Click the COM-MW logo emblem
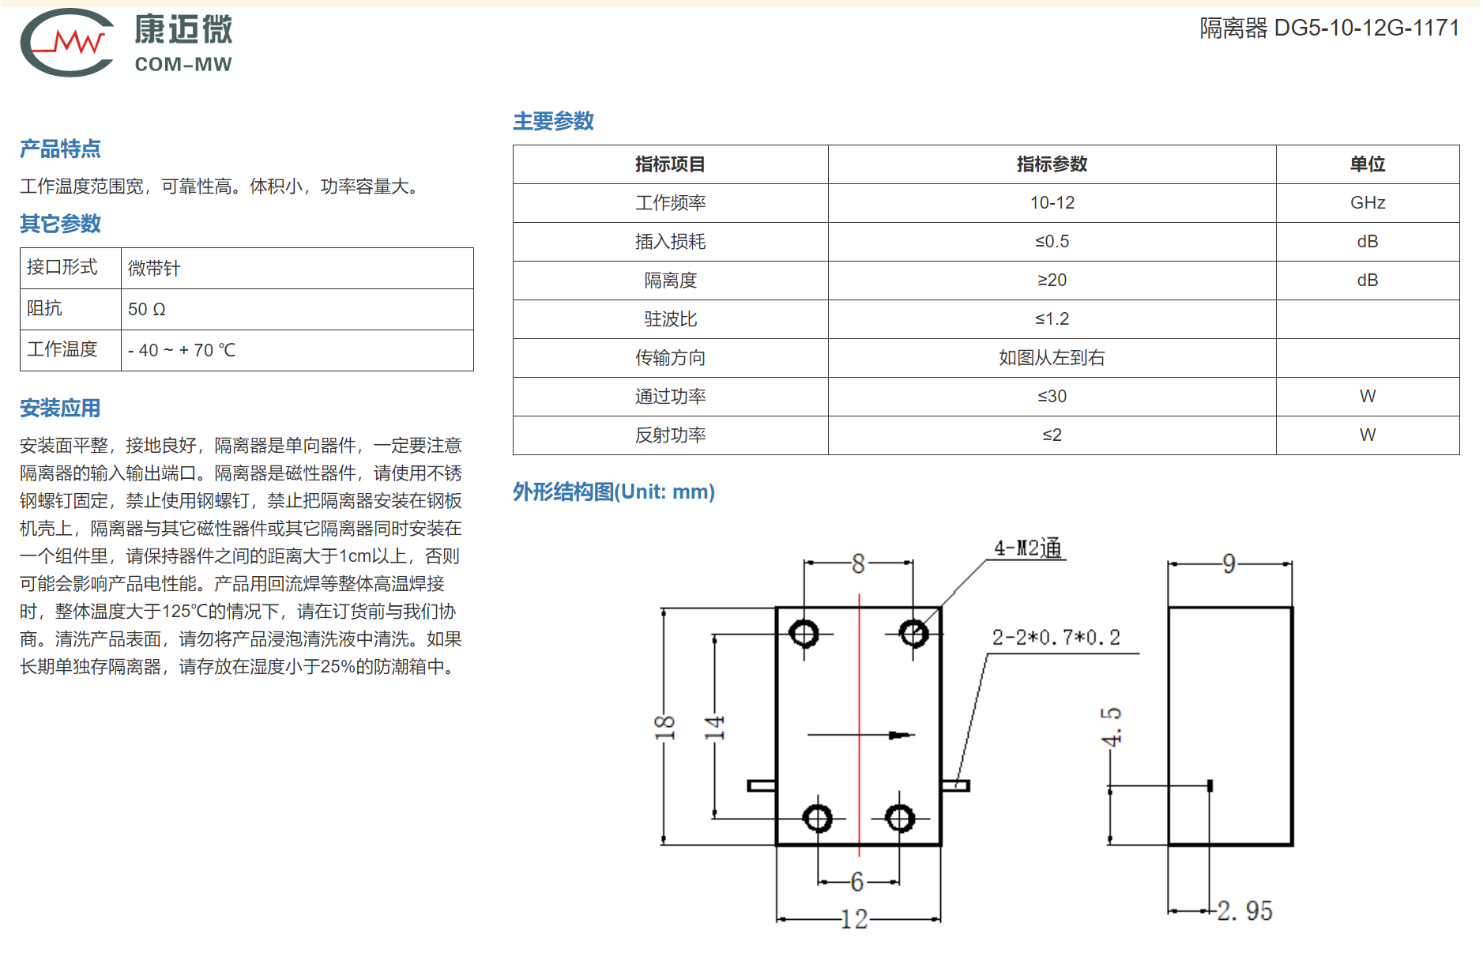click(x=67, y=43)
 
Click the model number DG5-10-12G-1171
click(x=1366, y=28)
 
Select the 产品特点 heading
click(x=60, y=149)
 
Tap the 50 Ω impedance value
click(x=147, y=309)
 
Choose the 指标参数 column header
click(x=1052, y=164)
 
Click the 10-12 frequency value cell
click(x=1052, y=203)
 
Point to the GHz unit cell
click(x=1368, y=203)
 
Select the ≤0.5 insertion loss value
click(x=1052, y=242)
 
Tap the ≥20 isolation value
click(x=1052, y=281)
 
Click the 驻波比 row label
click(x=670, y=319)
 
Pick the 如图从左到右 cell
click(x=1052, y=358)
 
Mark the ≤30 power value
click(x=1052, y=397)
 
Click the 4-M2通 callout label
click(x=1027, y=548)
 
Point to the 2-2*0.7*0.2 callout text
click(x=1056, y=638)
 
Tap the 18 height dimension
click(x=664, y=727)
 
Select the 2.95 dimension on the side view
click(x=1244, y=910)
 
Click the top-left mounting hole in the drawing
click(x=804, y=633)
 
